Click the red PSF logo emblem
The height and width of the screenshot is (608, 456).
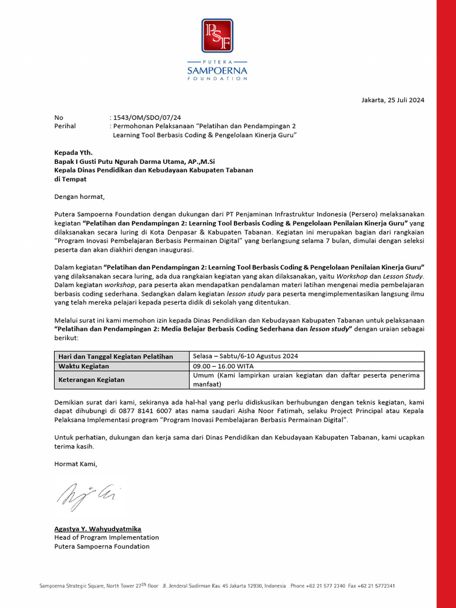coord(217,36)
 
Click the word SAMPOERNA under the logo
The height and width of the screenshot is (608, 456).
coord(217,72)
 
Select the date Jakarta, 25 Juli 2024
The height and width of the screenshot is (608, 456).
coord(393,100)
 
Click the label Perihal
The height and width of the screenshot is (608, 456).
coord(65,126)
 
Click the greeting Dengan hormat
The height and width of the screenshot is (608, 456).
coord(79,196)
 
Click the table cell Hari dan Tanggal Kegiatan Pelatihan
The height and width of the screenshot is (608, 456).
coord(116,356)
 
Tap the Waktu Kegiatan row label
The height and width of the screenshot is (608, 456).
coord(83,366)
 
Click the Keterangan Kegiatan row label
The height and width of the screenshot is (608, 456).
coord(94,379)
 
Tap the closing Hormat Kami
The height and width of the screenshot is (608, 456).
coord(75,464)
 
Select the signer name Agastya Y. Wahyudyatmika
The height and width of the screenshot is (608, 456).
coord(97,528)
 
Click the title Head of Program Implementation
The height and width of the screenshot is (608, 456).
coord(106,537)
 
